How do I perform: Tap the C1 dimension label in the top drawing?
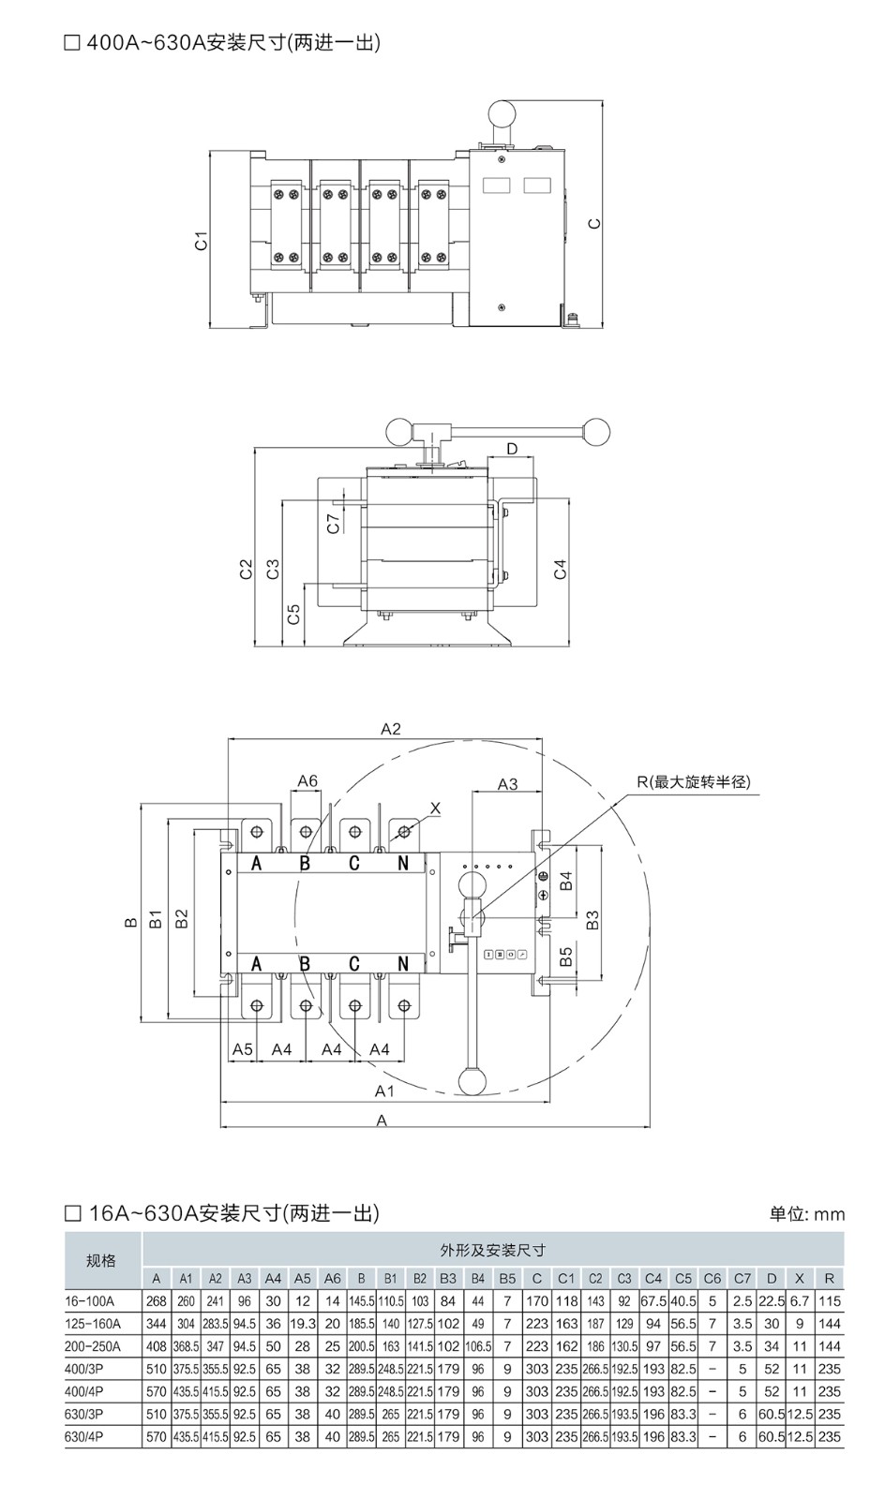point(201,241)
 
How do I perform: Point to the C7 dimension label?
point(334,523)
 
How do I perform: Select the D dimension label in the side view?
point(512,449)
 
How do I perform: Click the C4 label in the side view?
point(560,569)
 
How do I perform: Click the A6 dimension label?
point(307,780)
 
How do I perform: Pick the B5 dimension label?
point(566,957)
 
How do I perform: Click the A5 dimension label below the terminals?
point(243,1049)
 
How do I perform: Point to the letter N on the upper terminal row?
point(403,864)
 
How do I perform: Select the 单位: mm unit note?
point(806,1214)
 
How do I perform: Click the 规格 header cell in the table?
point(101,1260)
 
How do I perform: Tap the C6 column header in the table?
point(712,1278)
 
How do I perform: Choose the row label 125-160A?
point(93,1324)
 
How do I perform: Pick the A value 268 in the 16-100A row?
point(157,1301)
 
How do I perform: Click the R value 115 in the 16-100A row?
point(829,1301)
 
